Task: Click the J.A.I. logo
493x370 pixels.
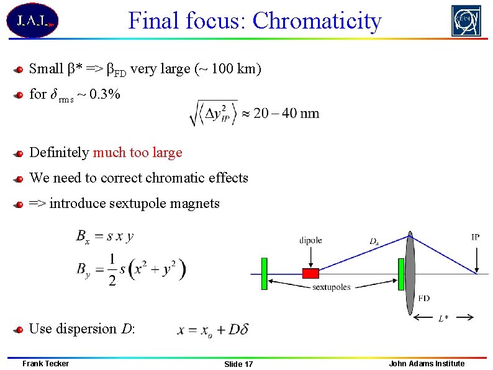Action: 32,21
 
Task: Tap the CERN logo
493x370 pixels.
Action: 466,21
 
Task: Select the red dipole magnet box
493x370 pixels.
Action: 310,273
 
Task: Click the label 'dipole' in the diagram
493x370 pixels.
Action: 310,240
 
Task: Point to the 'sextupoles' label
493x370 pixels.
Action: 331,287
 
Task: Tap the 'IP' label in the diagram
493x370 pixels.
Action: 475,237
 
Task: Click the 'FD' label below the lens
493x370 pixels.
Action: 423,298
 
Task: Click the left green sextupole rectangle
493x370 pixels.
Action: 264,274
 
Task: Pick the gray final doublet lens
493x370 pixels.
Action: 410,273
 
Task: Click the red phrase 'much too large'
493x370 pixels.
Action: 137,153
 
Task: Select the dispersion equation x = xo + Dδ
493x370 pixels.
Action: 212,330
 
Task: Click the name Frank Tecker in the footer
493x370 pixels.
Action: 45,363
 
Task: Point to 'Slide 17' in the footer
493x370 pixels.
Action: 238,364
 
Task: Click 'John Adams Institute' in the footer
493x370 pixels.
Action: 426,363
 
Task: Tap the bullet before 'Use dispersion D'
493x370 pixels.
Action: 20,330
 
